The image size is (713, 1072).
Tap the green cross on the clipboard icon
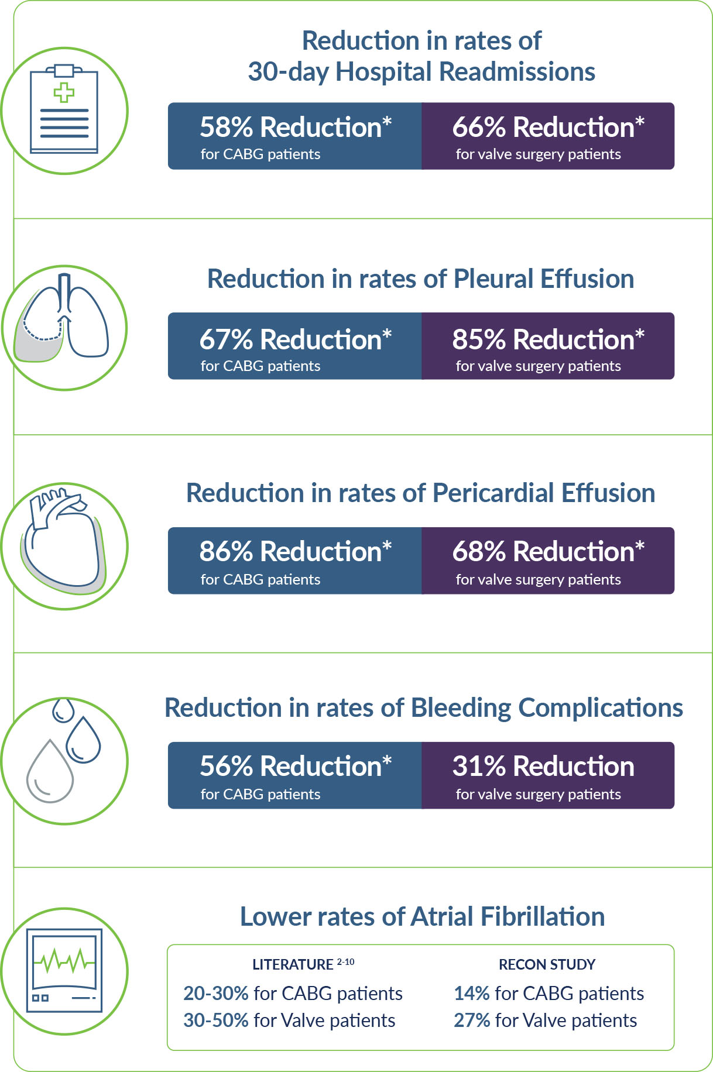[64, 93]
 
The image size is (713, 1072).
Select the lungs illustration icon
[65, 319]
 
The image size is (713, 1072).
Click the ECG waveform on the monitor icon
[64, 960]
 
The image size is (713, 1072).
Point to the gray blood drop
[50, 771]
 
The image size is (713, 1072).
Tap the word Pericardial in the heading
[493, 493]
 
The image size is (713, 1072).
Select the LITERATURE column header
[293, 965]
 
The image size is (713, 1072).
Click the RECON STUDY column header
[547, 965]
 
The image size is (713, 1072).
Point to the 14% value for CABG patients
[471, 994]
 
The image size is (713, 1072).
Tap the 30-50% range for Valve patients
[216, 1021]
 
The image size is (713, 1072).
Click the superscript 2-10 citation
[345, 962]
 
